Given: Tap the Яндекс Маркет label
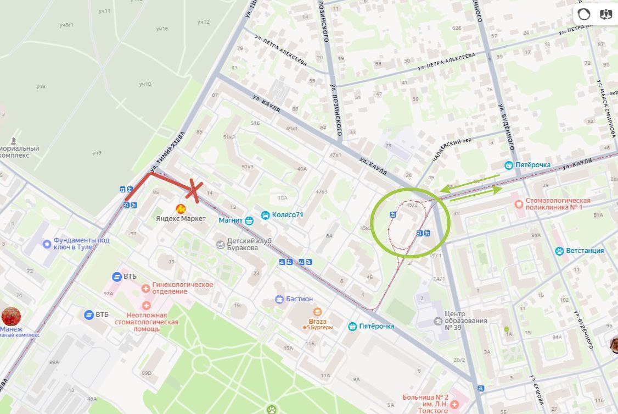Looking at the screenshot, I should [x=180, y=219].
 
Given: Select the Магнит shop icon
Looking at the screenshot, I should [x=249, y=221].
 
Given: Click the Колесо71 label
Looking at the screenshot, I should [x=288, y=214].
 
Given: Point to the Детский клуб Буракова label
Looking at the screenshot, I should [x=243, y=244].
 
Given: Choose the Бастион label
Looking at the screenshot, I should [x=299, y=299].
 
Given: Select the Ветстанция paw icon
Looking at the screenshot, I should [x=559, y=251].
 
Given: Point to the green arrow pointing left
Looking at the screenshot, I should [x=469, y=183].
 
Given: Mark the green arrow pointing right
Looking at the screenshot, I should [x=475, y=194].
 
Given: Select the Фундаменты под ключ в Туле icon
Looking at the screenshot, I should [x=47, y=244].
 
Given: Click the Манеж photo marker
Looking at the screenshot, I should [x=11, y=317].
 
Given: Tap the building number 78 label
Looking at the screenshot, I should [x=388, y=146].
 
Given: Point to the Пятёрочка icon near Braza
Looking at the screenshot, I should [x=352, y=327].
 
